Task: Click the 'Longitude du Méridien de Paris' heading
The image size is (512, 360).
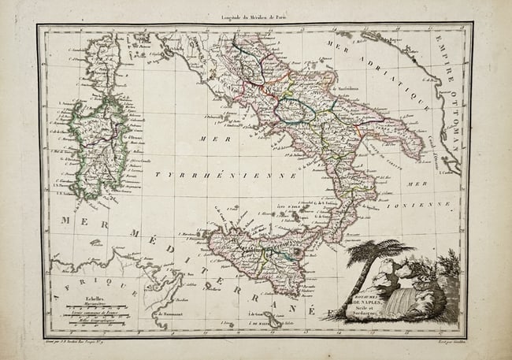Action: coord(255,17)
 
